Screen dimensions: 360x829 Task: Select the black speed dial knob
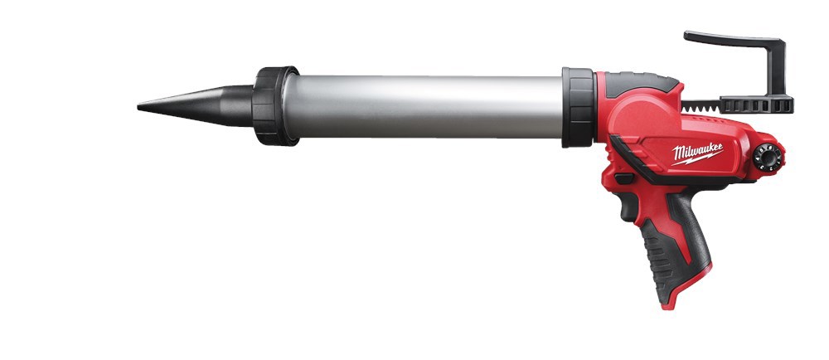tap(768, 156)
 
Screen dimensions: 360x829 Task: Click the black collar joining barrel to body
tap(577, 108)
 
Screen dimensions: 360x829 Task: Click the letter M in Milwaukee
tap(676, 155)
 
